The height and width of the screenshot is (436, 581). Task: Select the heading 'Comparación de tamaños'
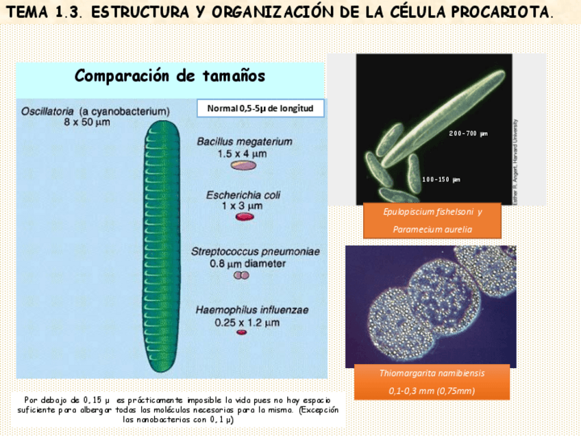pos(170,75)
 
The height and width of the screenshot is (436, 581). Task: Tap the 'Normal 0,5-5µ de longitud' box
pos(260,108)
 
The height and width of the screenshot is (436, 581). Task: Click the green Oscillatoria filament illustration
pos(162,247)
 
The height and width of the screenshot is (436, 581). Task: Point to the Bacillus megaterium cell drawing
pos(243,165)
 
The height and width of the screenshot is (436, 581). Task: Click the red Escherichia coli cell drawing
pos(245,217)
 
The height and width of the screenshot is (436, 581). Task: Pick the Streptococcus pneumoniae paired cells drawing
pos(241,276)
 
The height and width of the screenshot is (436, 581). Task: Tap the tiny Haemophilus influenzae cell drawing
pos(242,332)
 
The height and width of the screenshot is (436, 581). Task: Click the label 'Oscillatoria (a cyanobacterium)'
pos(95,111)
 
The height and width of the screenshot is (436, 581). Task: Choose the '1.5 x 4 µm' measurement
pos(243,154)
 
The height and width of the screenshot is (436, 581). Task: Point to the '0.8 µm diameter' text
pos(248,263)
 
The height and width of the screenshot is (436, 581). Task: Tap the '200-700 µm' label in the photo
pos(468,133)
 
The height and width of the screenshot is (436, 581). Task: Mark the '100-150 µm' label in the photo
pos(441,180)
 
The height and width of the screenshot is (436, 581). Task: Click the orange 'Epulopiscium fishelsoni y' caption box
pos(432,212)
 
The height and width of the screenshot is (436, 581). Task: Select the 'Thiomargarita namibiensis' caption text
pos(432,374)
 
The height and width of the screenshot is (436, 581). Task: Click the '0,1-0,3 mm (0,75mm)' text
pos(432,391)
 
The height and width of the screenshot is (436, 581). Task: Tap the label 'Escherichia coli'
pos(243,195)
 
